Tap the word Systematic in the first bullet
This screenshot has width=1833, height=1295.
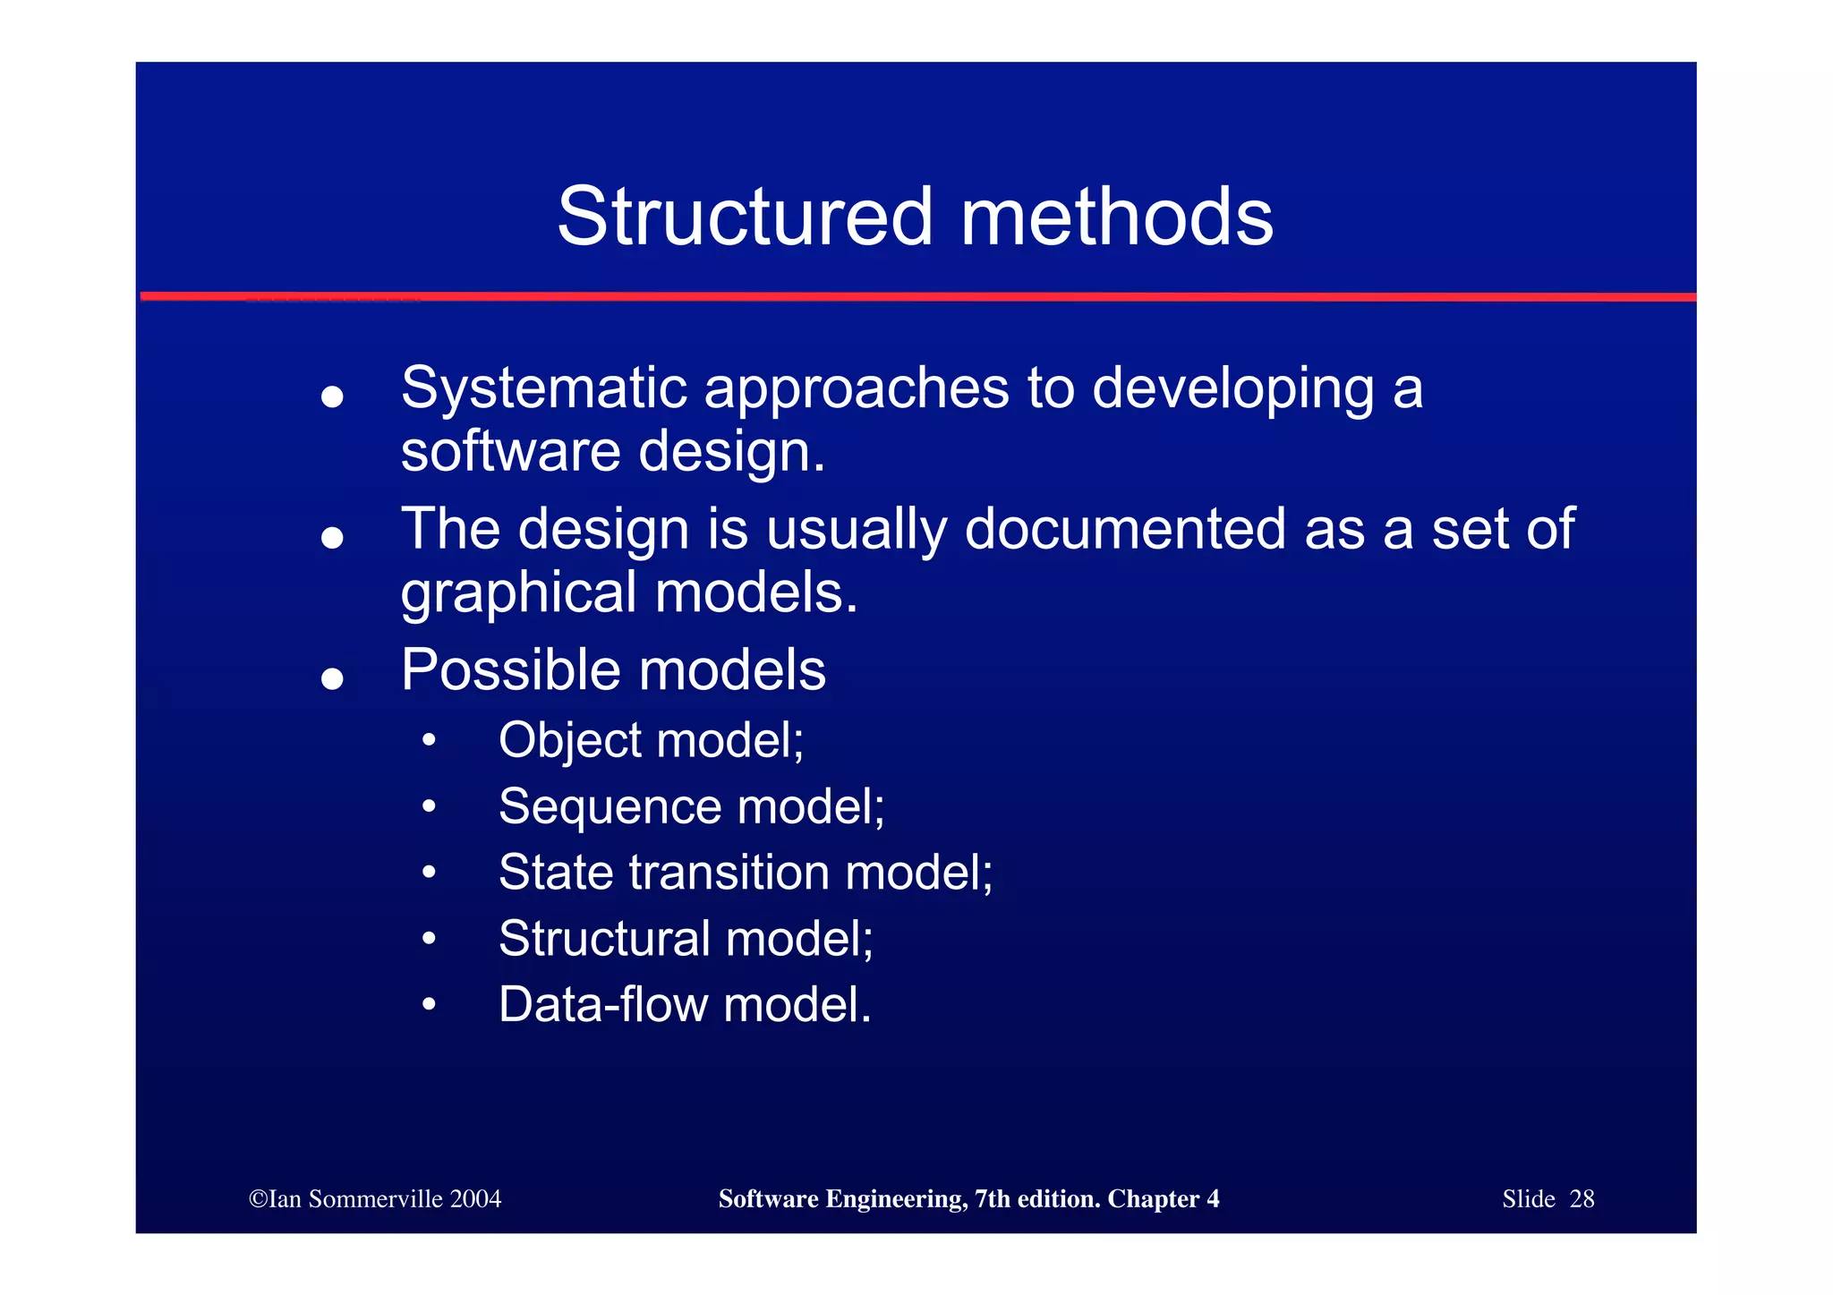pyautogui.click(x=544, y=388)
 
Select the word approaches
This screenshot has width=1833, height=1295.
pyautogui.click(x=857, y=390)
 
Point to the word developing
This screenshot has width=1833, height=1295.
pyautogui.click(x=1233, y=390)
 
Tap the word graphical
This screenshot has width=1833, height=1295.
pyautogui.click(x=518, y=593)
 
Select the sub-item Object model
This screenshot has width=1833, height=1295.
pyautogui.click(x=651, y=740)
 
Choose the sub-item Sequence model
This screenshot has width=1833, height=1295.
pyautogui.click(x=691, y=806)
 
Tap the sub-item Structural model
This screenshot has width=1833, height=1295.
pyautogui.click(x=686, y=938)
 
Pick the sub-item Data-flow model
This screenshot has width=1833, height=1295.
pyautogui.click(x=685, y=1004)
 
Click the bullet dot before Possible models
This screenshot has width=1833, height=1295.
pyautogui.click(x=332, y=678)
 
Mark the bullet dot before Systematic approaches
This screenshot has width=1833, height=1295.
pyautogui.click(x=332, y=396)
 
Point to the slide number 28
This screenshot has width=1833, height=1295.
pyautogui.click(x=1581, y=1199)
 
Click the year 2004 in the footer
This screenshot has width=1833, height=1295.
pyautogui.click(x=476, y=1199)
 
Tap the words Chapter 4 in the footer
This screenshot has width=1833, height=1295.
pyautogui.click(x=1163, y=1199)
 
